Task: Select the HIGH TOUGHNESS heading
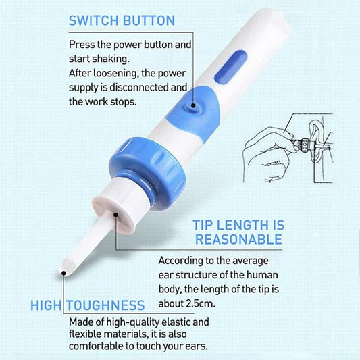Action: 87,305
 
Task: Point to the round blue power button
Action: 195,105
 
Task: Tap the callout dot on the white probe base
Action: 117,217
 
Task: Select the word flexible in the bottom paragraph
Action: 85,334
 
